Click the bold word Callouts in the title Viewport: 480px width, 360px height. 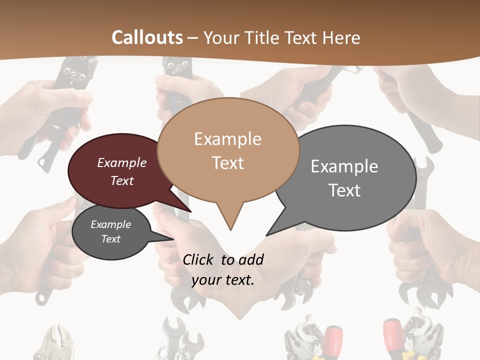pos(147,37)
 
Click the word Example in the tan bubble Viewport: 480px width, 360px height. pos(227,139)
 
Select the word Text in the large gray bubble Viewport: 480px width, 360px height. pos(344,190)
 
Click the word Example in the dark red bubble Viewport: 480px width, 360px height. pos(121,162)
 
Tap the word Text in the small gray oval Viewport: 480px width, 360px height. pos(110,239)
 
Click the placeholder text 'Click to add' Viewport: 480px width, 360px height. pos(223,259)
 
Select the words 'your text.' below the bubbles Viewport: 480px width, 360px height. pos(223,280)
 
